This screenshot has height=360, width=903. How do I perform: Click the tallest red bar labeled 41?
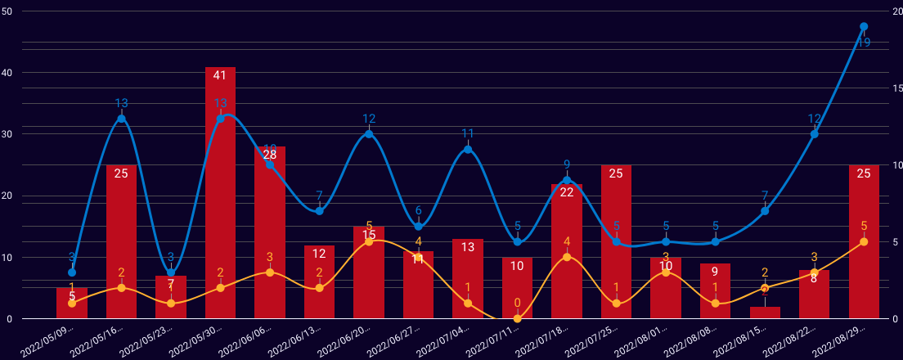click(220, 192)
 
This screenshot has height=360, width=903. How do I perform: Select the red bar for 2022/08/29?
click(864, 241)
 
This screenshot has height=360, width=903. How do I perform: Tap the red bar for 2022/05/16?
click(121, 241)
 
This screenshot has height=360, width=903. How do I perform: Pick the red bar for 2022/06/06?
click(270, 232)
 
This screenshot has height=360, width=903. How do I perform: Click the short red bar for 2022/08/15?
click(765, 313)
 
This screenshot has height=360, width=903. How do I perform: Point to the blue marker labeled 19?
click(864, 27)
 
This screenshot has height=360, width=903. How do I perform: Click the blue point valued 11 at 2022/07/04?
click(468, 149)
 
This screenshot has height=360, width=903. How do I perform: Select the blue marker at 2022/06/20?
click(369, 133)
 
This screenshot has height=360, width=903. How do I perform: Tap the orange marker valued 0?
click(517, 318)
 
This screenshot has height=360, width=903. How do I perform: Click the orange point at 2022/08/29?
click(864, 241)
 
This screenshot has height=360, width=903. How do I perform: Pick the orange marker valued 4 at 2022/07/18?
click(567, 257)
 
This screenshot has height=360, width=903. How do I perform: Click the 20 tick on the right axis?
click(895, 11)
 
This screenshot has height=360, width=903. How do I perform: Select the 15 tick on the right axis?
click(895, 88)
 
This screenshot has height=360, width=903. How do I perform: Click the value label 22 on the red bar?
click(567, 192)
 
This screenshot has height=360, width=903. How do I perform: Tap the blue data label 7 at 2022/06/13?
click(319, 196)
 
